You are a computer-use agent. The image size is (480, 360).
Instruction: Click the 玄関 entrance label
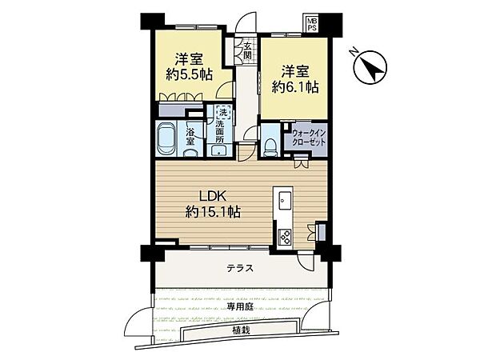248,51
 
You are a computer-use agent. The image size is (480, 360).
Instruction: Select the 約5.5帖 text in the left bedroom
189,74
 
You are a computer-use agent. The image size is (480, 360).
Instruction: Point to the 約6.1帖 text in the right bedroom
295,87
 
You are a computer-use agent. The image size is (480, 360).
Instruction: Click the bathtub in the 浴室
167,139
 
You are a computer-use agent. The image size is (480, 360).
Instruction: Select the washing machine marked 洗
223,113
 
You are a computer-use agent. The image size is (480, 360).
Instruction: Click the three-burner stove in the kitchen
285,237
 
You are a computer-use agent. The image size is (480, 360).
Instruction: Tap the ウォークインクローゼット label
309,138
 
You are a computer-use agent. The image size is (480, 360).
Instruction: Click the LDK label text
213,196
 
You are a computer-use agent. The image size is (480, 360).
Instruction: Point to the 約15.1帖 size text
213,211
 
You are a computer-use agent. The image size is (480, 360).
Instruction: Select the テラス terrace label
240,269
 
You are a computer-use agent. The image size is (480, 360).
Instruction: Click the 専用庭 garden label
240,306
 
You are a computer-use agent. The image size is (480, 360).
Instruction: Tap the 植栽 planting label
242,330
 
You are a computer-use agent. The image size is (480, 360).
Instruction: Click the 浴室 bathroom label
190,137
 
